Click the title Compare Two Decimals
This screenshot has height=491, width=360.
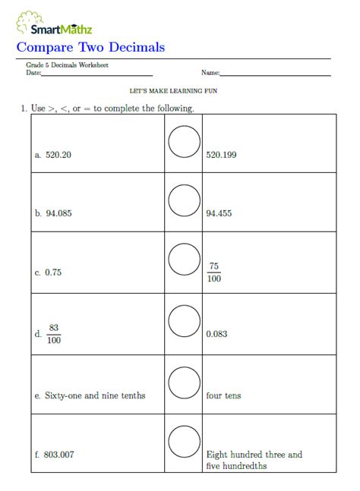90,48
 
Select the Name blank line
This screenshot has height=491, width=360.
275,74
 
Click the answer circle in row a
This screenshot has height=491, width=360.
184,141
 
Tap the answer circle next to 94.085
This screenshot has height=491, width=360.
184,201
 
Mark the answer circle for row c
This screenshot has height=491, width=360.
184,260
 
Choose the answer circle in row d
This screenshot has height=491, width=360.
184,320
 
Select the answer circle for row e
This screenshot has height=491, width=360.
184,382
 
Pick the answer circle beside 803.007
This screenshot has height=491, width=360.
184,442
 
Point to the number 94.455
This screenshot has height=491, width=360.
219,213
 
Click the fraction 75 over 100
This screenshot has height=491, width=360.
214,272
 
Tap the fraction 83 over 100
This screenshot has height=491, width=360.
54,333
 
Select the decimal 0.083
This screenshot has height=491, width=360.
216,334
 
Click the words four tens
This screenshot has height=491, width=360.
224,395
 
